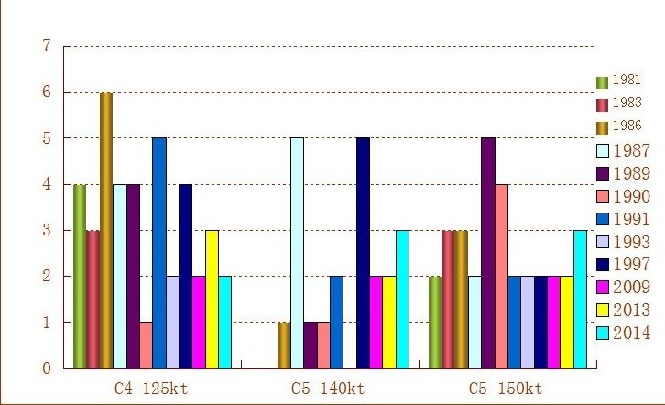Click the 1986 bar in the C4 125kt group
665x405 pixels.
(106, 230)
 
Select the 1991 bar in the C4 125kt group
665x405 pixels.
(159, 253)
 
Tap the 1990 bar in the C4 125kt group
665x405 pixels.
(147, 345)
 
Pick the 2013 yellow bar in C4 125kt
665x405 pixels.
(212, 299)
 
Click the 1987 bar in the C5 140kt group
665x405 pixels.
(297, 253)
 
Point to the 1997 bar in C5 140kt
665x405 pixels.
(363, 253)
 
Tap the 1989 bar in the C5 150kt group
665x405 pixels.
(487, 253)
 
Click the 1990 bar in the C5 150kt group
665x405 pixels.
(501, 276)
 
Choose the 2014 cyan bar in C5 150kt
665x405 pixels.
(580, 299)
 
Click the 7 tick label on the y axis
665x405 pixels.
(46, 46)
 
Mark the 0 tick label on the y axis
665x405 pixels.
(46, 368)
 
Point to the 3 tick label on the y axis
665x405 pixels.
(46, 231)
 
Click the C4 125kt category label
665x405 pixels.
(151, 388)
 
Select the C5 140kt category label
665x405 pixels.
(328, 388)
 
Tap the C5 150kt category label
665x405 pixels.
(506, 388)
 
